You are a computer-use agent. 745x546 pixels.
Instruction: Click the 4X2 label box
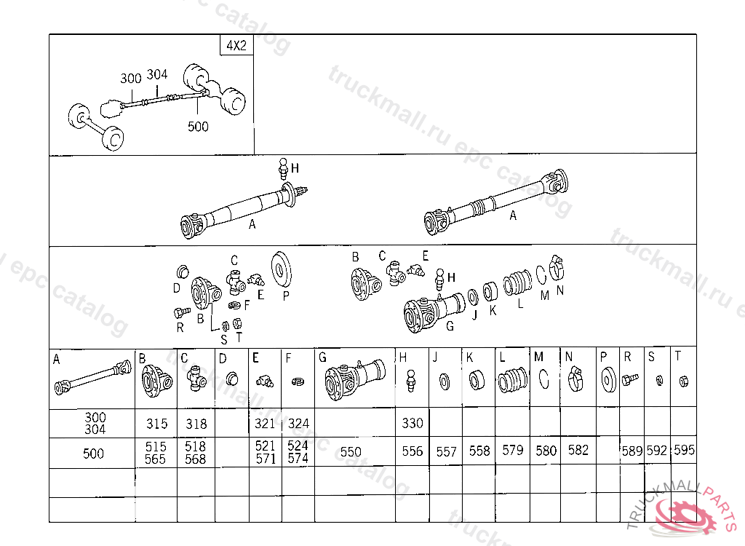(x=236, y=45)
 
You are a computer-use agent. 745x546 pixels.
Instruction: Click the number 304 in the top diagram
(x=157, y=74)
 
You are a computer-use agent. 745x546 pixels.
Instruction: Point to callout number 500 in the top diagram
(x=197, y=127)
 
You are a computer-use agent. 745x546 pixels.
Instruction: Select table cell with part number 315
(x=156, y=424)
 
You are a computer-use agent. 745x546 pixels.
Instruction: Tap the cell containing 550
(x=351, y=452)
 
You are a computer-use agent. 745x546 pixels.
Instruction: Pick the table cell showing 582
(x=578, y=451)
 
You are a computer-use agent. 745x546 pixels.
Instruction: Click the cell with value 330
(x=412, y=424)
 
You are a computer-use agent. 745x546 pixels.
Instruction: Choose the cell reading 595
(x=684, y=451)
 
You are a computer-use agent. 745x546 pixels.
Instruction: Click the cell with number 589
(x=632, y=451)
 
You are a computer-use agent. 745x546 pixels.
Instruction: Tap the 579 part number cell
(x=512, y=451)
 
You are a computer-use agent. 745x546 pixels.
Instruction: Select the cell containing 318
(x=196, y=424)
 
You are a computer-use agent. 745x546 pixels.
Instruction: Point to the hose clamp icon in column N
(x=578, y=380)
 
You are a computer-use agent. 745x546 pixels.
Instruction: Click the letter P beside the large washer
(x=286, y=296)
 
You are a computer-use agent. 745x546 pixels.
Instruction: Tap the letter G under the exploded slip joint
(x=450, y=325)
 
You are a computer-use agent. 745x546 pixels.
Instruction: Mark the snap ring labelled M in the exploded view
(x=541, y=274)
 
